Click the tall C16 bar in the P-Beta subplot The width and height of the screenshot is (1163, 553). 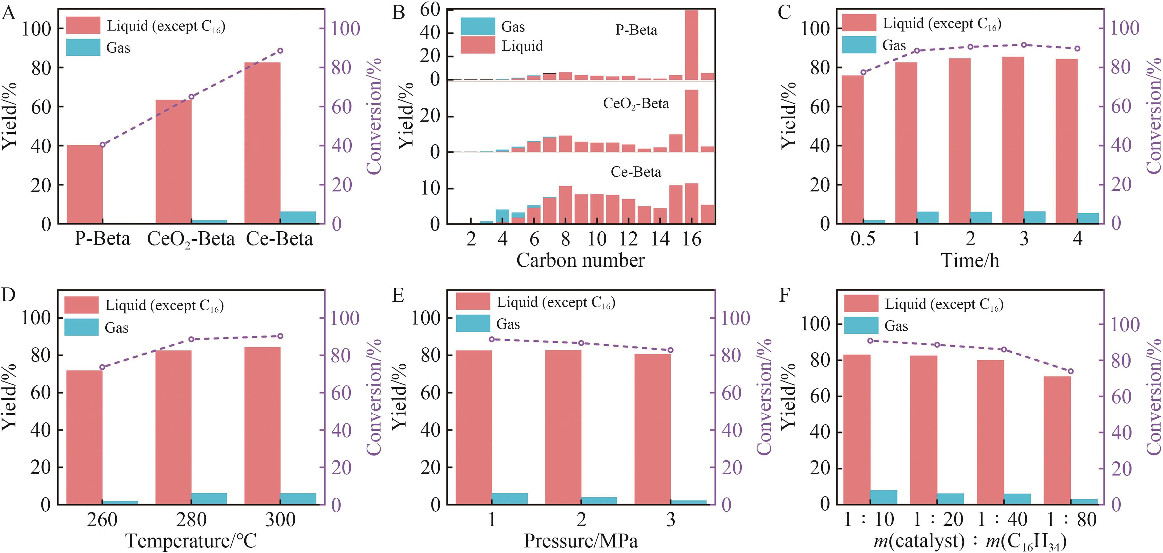(691, 45)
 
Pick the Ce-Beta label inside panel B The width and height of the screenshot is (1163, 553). (636, 172)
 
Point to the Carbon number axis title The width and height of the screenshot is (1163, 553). (580, 261)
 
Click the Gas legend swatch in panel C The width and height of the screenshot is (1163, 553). (859, 45)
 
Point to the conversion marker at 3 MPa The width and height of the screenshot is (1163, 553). (670, 350)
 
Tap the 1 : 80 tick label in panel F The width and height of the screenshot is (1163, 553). (1071, 520)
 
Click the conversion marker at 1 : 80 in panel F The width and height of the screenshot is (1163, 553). (1070, 371)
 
